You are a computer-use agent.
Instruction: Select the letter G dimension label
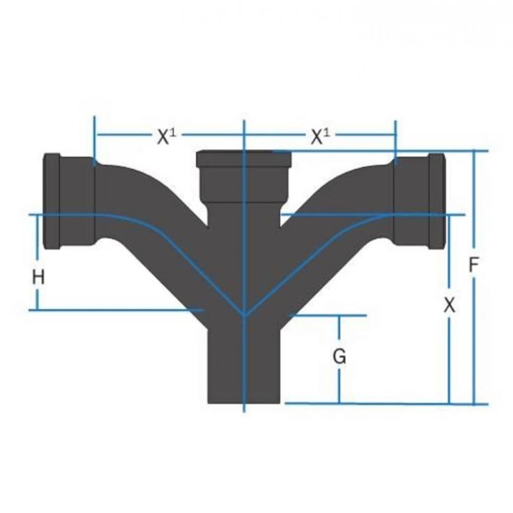[339, 356]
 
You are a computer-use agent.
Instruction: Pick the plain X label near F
[449, 306]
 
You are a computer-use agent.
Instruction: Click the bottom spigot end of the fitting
[244, 380]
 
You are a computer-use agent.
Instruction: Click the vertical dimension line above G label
[339, 331]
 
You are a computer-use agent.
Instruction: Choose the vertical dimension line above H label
[37, 241]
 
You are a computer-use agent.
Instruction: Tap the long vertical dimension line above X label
[449, 256]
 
